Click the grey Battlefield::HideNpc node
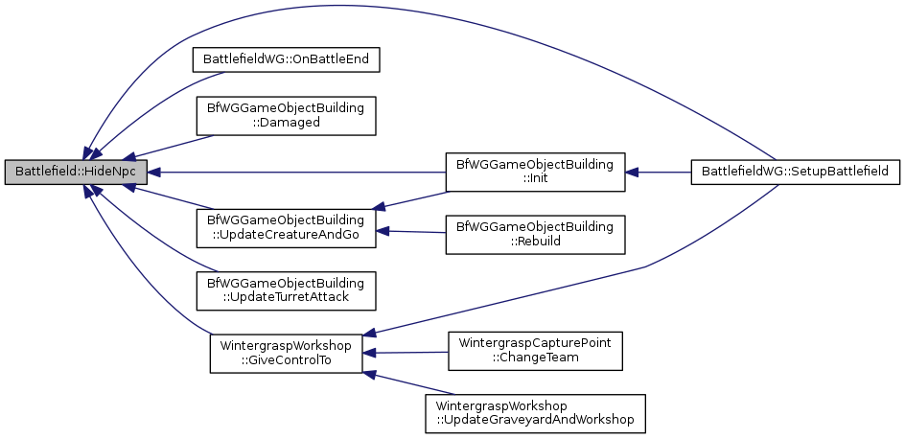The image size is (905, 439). coord(75,173)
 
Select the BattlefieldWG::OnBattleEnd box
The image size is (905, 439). coord(287,59)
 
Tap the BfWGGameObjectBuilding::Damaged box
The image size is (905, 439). coord(285,116)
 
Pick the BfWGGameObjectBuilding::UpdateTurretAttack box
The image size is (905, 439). coord(285,291)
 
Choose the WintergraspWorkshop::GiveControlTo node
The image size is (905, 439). coord(286,353)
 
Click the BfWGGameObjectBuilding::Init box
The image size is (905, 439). coord(534,173)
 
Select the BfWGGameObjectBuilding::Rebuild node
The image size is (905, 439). coord(534,235)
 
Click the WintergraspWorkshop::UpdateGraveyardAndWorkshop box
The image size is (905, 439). coord(535,413)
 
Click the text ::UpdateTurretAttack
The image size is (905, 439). coord(285,299)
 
